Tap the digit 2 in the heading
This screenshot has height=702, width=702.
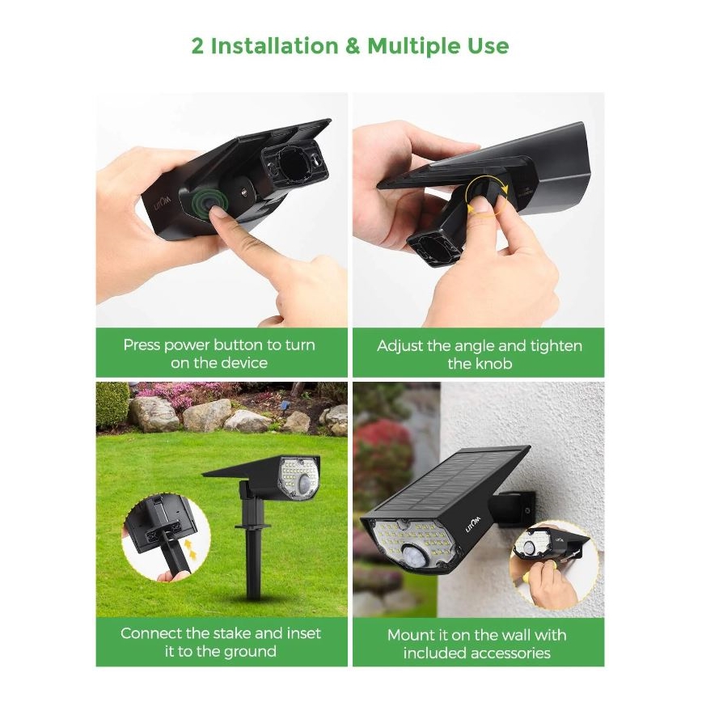(x=198, y=46)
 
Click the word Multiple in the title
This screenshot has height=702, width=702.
(x=412, y=46)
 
